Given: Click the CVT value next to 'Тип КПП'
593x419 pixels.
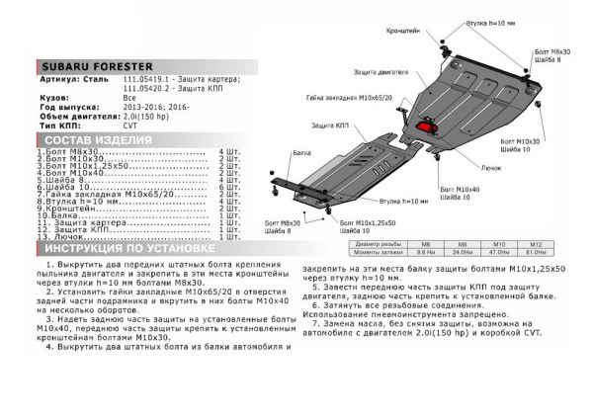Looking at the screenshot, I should pyautogui.click(x=127, y=127).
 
